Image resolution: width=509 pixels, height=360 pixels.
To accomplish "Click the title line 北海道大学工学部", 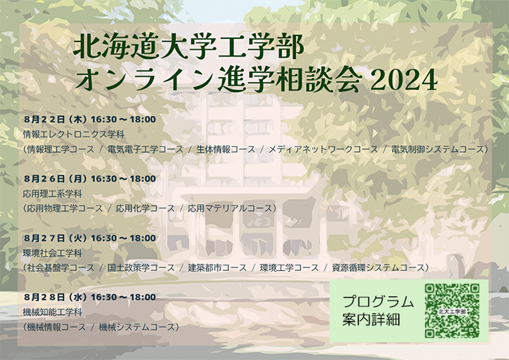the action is pyautogui.click(x=189, y=47).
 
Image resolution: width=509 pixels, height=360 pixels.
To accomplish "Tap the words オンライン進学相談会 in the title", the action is pyautogui.click(x=218, y=80).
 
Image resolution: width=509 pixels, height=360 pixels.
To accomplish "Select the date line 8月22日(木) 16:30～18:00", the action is pyautogui.click(x=90, y=120).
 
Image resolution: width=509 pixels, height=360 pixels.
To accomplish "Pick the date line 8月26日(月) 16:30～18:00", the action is pyautogui.click(x=90, y=179).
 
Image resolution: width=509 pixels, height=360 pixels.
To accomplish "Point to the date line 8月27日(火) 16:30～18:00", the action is pyautogui.click(x=90, y=238).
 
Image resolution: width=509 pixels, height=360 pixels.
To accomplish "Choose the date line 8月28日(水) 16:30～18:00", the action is pyautogui.click(x=90, y=297).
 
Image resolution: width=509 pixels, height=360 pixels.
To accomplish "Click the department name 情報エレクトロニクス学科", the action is pyautogui.click(x=74, y=134).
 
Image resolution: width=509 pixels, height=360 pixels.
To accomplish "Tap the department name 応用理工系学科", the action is pyautogui.click(x=52, y=194).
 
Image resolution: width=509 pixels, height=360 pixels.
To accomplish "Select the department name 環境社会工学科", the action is pyautogui.click(x=52, y=253).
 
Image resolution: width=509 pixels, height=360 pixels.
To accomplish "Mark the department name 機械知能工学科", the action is pyautogui.click(x=52, y=312).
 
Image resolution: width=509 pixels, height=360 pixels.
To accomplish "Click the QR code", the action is pyautogui.click(x=452, y=311).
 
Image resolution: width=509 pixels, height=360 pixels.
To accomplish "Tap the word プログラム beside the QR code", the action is pyautogui.click(x=378, y=301).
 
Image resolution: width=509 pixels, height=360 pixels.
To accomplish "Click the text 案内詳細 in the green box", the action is pyautogui.click(x=371, y=320).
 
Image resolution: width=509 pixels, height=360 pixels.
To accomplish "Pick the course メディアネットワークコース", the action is pyautogui.click(x=323, y=149).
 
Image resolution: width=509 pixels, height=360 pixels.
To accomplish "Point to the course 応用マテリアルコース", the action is pyautogui.click(x=230, y=208).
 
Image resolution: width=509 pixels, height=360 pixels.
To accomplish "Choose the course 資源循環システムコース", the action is pyautogui.click(x=378, y=268).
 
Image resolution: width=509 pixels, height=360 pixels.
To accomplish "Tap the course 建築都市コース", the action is pyautogui.click(x=218, y=268).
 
